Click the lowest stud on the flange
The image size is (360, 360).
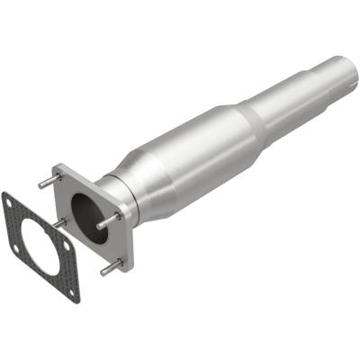click(x=109, y=267)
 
